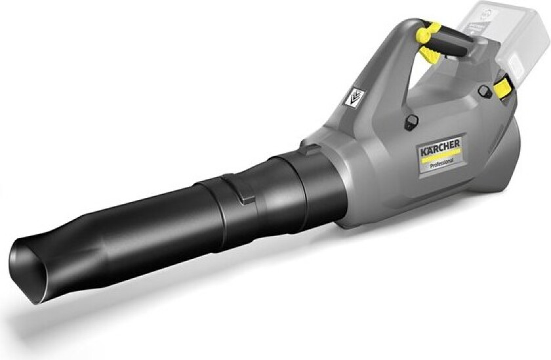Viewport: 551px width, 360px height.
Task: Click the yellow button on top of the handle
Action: coord(430,31)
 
